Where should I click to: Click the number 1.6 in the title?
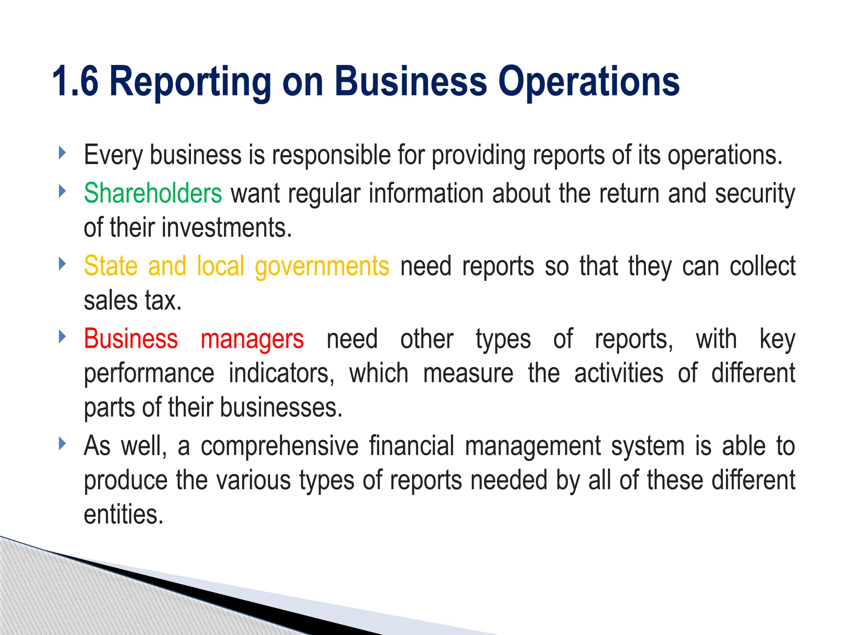75,81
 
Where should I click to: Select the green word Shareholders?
153,193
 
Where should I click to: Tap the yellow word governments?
322,266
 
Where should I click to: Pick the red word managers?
252,339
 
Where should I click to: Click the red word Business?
131,339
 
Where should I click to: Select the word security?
755,193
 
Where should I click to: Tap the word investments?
227,228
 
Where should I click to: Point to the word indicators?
281,373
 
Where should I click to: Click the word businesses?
281,408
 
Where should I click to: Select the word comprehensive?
280,446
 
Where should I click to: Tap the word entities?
124,515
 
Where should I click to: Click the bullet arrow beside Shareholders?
62,191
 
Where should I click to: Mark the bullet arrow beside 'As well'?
62,444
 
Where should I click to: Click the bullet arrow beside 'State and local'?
62,264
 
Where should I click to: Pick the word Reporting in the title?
190,81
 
